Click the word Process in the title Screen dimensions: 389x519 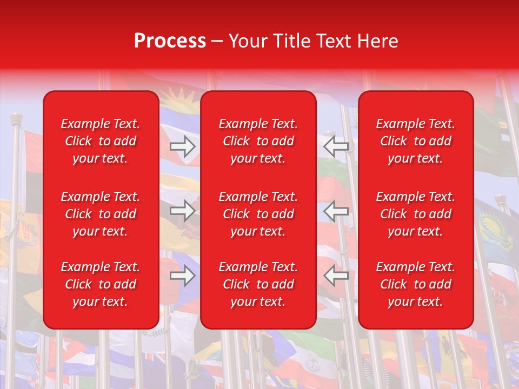[170, 41]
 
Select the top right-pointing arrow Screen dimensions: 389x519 [183, 146]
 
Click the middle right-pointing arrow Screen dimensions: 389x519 [183, 211]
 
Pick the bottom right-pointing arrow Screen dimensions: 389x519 [183, 276]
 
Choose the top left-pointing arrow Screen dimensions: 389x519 [336, 146]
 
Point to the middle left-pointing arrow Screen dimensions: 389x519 [336, 211]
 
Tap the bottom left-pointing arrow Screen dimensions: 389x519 [336, 276]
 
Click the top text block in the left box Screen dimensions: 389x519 [101, 141]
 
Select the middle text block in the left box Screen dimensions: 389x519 [101, 214]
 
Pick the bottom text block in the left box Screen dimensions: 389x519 [101, 284]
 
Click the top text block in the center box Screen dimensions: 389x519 [258, 141]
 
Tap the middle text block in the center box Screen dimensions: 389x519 [258, 214]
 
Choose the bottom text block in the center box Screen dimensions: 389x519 [258, 284]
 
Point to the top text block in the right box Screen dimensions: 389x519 [415, 141]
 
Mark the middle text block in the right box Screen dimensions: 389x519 [415, 214]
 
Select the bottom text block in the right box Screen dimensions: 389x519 [415, 284]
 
